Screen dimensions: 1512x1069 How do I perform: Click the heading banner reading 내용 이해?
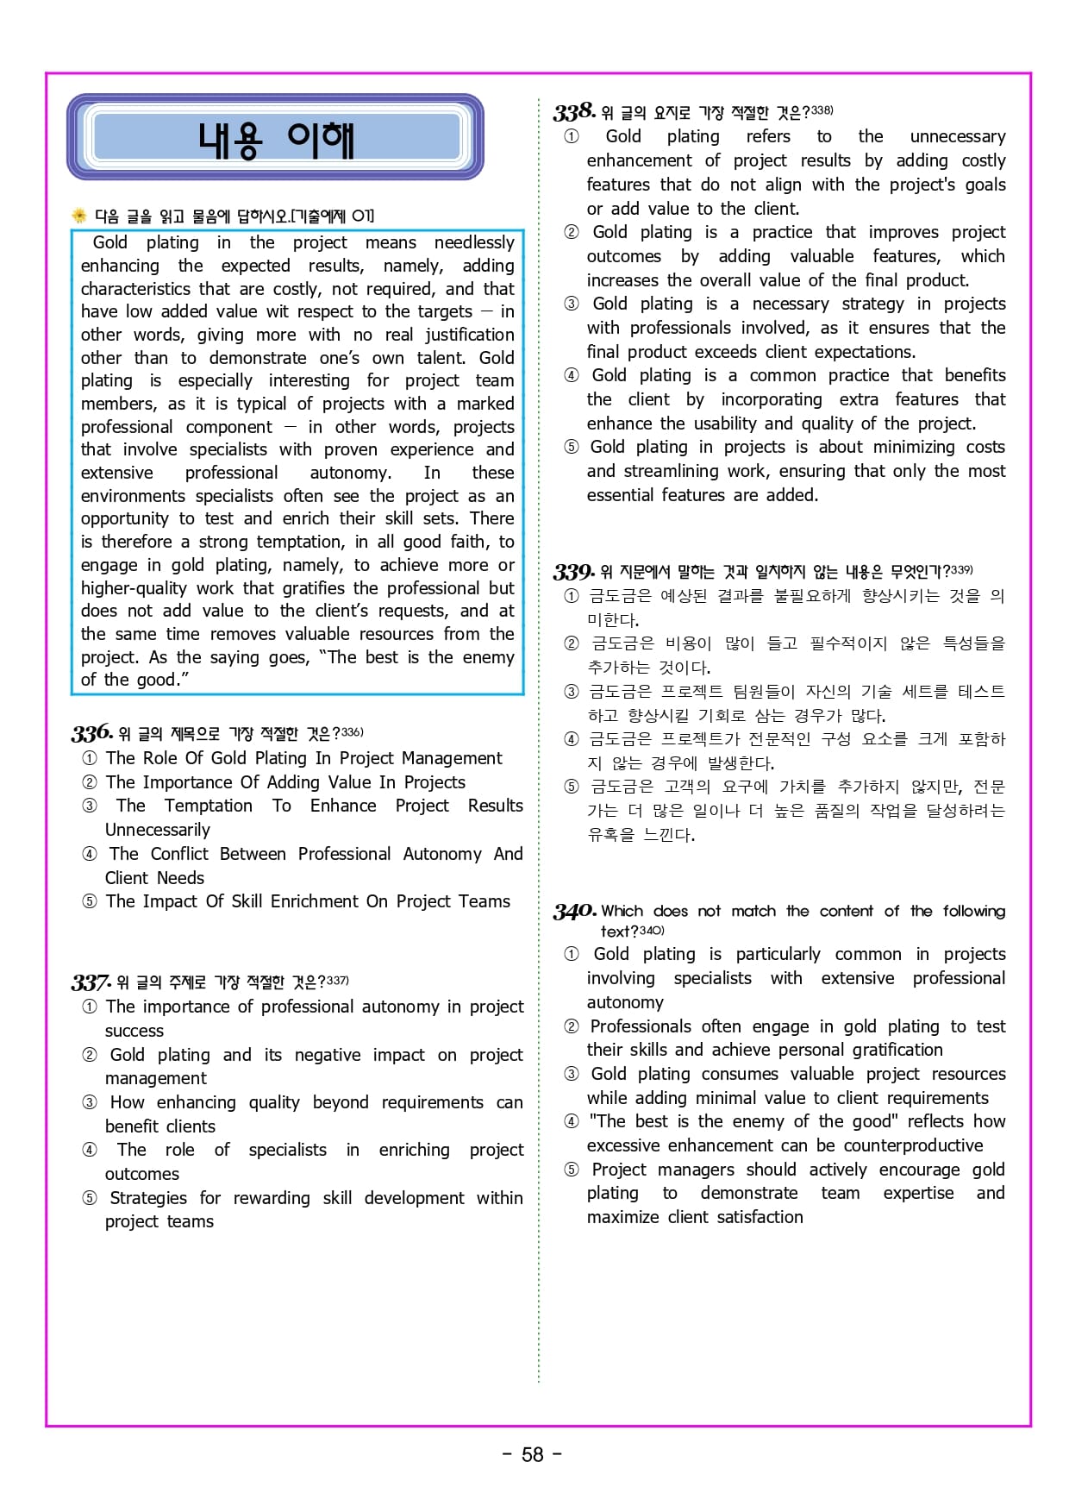276,138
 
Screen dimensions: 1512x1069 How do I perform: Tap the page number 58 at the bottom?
533,1455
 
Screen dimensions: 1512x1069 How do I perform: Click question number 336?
91,733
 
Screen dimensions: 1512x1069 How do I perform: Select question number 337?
91,982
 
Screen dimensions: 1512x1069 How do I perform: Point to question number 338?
574,111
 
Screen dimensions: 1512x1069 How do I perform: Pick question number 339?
573,571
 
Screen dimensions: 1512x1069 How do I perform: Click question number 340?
574,911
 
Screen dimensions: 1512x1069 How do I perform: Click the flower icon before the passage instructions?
79,216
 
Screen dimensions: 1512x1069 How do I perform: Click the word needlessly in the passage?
474,242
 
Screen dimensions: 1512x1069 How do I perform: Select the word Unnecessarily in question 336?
158,830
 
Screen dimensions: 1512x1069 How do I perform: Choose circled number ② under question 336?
90,782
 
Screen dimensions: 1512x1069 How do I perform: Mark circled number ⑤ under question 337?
90,1198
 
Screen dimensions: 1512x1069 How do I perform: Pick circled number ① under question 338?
571,136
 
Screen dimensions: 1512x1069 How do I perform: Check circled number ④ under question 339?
571,739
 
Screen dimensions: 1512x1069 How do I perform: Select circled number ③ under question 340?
571,1074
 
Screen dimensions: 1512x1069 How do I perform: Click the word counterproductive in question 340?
913,1145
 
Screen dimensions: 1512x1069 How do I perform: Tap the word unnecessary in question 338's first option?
958,136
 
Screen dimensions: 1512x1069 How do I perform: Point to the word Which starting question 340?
622,911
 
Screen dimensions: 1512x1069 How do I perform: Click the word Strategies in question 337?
148,1198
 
